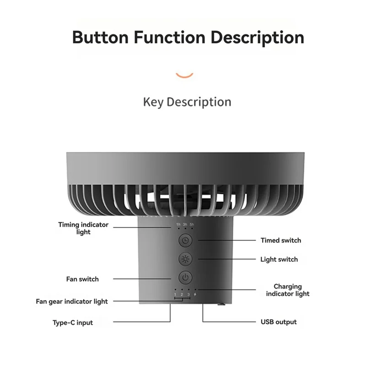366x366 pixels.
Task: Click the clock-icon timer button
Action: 185,240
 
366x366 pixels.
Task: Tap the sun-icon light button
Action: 185,259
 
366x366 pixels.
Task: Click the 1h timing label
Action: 178,224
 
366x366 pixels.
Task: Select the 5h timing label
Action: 192,224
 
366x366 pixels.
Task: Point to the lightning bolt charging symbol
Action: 195,295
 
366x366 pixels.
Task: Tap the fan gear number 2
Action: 182,295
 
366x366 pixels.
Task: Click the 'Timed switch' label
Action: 281,241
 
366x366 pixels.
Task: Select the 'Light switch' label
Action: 279,259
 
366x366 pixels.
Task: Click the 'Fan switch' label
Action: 82,279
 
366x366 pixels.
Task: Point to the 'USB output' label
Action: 279,322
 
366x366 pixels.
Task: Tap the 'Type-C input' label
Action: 73,323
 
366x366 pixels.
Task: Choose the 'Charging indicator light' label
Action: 288,290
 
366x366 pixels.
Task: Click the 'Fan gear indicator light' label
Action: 72,301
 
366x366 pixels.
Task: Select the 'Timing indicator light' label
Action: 83,228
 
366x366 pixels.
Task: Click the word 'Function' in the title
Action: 169,38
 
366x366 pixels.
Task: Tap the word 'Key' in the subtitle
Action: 153,102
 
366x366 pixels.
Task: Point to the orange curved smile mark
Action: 184,75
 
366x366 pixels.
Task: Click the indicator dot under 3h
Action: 185,228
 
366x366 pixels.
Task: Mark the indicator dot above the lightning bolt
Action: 195,290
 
